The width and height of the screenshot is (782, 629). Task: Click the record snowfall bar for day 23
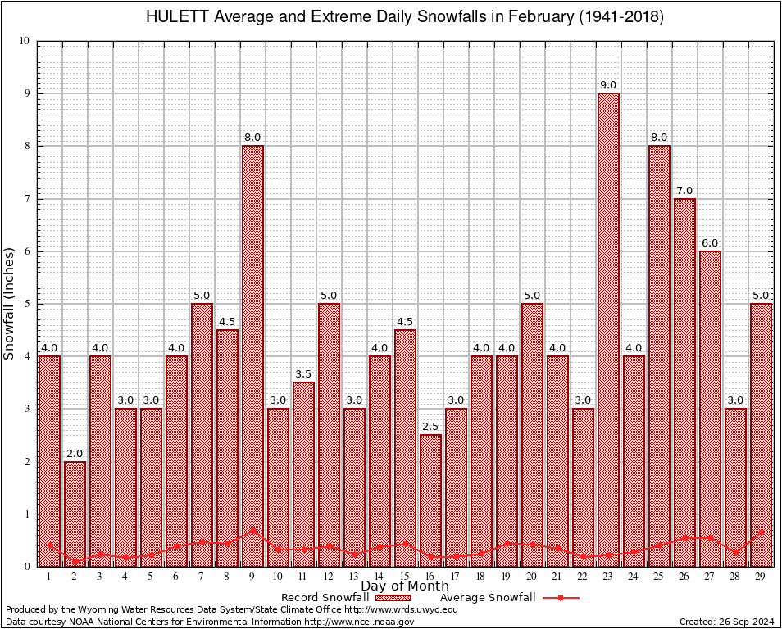(x=608, y=328)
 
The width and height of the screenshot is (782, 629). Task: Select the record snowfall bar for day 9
(x=252, y=352)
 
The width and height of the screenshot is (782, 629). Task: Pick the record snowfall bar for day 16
(x=430, y=500)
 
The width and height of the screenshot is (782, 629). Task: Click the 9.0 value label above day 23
(x=608, y=85)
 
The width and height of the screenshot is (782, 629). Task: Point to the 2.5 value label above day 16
(x=430, y=427)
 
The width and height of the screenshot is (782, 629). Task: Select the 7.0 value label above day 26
(x=684, y=191)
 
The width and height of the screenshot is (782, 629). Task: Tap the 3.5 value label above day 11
(x=303, y=374)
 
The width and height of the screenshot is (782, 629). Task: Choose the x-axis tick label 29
(x=761, y=577)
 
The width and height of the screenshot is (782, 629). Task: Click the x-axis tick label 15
(x=405, y=577)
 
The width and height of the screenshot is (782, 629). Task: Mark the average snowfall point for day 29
(x=761, y=532)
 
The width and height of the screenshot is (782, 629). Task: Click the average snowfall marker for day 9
(x=252, y=530)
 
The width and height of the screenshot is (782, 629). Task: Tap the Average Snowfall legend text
(x=488, y=598)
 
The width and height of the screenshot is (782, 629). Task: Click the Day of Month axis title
(x=405, y=586)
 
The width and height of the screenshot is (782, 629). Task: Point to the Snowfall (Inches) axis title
(x=10, y=303)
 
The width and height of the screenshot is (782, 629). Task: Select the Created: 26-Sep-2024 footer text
(x=726, y=622)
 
